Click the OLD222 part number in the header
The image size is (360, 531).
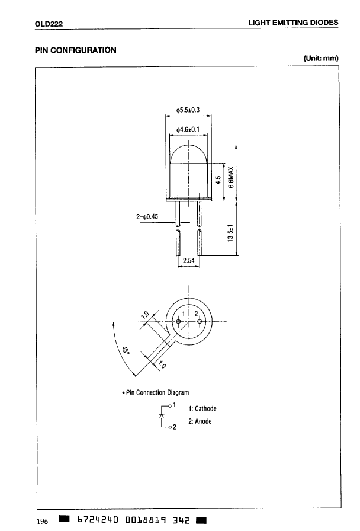click(49, 24)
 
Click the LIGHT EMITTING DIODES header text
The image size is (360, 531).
click(293, 23)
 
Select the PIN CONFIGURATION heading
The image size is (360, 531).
click(75, 50)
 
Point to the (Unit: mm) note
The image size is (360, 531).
click(321, 58)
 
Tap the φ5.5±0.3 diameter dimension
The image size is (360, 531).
click(188, 110)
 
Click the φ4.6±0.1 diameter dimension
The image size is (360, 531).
click(188, 129)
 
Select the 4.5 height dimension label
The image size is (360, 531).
click(218, 180)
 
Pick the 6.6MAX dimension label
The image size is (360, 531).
click(231, 177)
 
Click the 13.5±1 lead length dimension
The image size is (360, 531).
click(231, 233)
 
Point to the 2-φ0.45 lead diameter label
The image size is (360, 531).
click(147, 216)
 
